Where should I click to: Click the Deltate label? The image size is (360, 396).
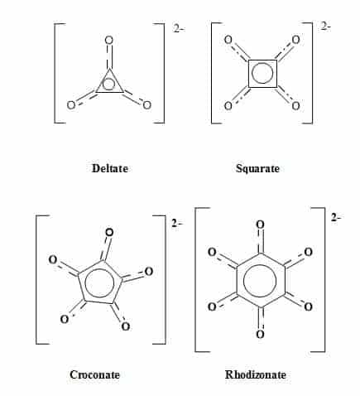pos(110,168)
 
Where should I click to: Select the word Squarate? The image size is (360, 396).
pos(257,168)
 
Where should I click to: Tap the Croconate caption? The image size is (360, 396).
pos(94,374)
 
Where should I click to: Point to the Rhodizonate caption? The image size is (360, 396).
pos(256,374)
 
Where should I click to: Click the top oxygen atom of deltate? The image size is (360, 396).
pos(109,41)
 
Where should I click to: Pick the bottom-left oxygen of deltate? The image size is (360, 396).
pos(71,105)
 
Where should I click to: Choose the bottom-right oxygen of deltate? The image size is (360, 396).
pos(147,105)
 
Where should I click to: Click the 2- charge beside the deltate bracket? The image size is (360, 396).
pos(179,28)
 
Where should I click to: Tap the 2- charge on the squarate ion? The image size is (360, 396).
pos(325,27)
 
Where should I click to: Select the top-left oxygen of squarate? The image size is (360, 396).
pos(228,40)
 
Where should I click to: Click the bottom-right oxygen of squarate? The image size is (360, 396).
pos(295,106)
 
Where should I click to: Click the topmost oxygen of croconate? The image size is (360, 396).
pos(109,233)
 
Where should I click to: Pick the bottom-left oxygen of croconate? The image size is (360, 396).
pos(65,320)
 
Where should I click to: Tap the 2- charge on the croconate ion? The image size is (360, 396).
pos(177,223)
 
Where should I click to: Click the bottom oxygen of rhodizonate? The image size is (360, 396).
pos(260,335)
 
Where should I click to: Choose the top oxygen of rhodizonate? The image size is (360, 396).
pos(260,225)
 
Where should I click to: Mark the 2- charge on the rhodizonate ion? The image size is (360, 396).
pos(336,218)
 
